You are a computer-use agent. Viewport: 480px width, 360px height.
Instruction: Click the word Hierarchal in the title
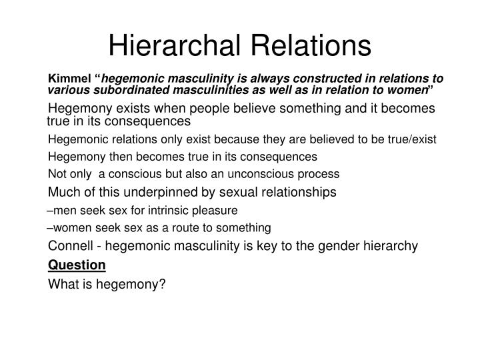174,45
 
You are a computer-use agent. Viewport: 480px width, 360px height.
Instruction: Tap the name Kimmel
69,79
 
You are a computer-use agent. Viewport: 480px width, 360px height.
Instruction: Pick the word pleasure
215,211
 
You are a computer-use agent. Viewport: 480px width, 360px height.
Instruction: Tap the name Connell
71,246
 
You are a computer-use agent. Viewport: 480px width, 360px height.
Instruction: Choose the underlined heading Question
77,265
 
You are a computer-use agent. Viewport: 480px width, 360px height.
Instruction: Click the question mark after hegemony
162,284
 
